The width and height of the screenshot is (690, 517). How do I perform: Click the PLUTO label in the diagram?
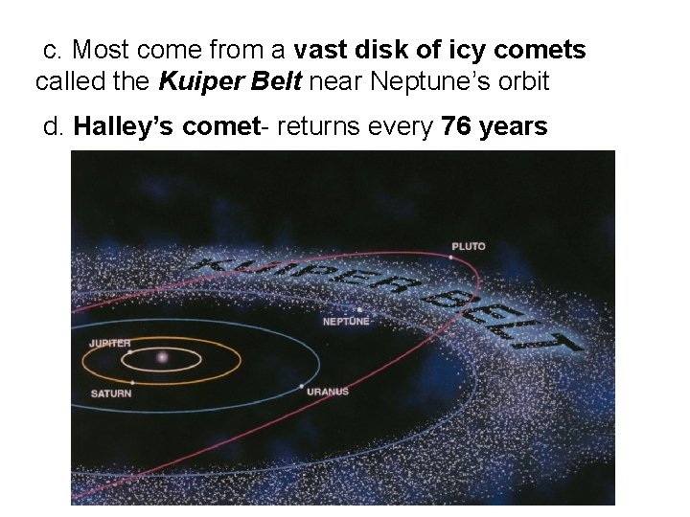coord(469,246)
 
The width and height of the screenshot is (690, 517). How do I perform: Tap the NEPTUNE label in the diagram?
coord(345,322)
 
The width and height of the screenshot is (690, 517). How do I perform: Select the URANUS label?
coord(328,391)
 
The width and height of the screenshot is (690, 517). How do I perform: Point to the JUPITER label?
coord(109,342)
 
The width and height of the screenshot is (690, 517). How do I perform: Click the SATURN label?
coord(111,393)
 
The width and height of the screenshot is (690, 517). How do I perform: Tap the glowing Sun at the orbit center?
coord(161,357)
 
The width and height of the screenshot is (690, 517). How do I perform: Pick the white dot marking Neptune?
coord(359,310)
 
